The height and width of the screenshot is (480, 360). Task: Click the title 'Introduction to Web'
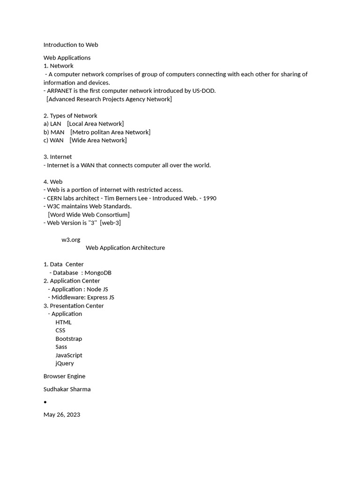[x=71, y=45]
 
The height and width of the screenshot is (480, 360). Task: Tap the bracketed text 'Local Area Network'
[x=95, y=124]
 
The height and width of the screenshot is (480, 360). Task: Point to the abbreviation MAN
[x=57, y=132]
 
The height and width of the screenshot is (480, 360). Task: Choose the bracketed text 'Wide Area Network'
[x=98, y=140]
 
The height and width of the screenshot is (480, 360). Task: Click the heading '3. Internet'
[x=58, y=157]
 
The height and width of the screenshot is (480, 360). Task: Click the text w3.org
[x=71, y=240]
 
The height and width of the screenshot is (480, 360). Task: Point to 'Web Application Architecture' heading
[x=125, y=248]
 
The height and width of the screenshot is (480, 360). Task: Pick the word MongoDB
[x=98, y=273]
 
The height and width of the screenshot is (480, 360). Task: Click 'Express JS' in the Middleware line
[x=100, y=297]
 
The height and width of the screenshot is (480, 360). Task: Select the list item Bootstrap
[x=68, y=339]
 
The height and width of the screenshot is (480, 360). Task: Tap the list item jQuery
[x=65, y=363]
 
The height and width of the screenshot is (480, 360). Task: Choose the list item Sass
[x=61, y=347]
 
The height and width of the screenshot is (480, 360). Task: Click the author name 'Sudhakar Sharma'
[x=67, y=389]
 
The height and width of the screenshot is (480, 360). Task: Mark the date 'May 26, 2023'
[x=62, y=415]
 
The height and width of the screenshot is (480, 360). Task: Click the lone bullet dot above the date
[x=45, y=402]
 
